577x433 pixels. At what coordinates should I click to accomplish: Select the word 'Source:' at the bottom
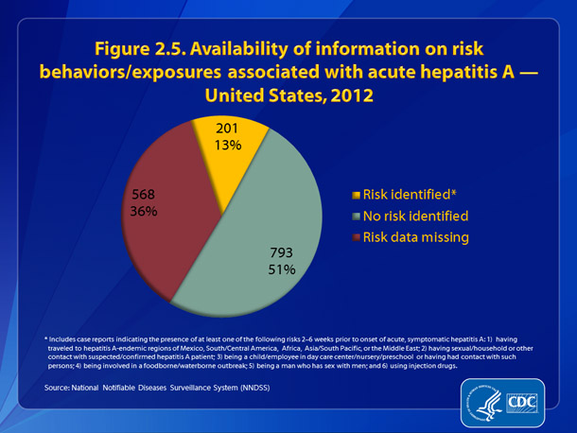click(59, 388)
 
